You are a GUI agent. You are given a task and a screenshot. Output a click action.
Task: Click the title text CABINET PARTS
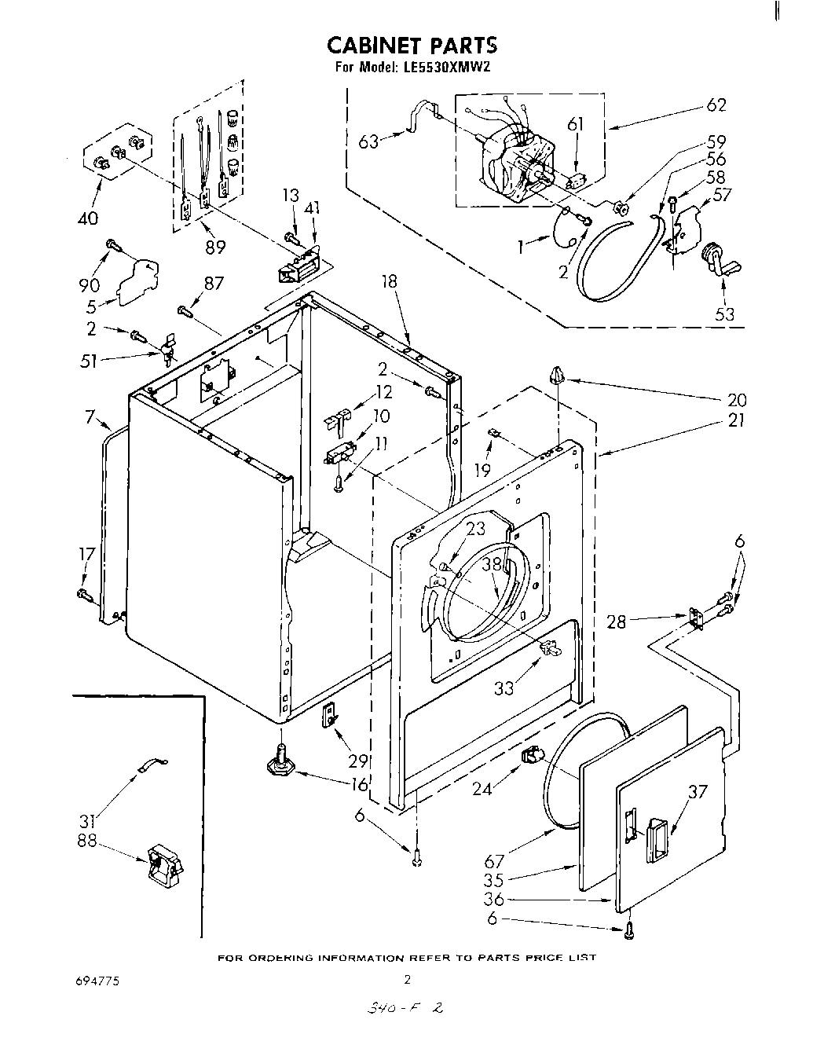point(412,44)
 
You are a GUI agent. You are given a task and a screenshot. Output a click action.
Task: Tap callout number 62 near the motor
point(716,105)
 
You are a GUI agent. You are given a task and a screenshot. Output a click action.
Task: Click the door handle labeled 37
point(655,836)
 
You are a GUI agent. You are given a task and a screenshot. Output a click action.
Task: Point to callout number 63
point(368,141)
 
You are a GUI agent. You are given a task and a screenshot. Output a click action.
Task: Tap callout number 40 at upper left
point(90,218)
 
